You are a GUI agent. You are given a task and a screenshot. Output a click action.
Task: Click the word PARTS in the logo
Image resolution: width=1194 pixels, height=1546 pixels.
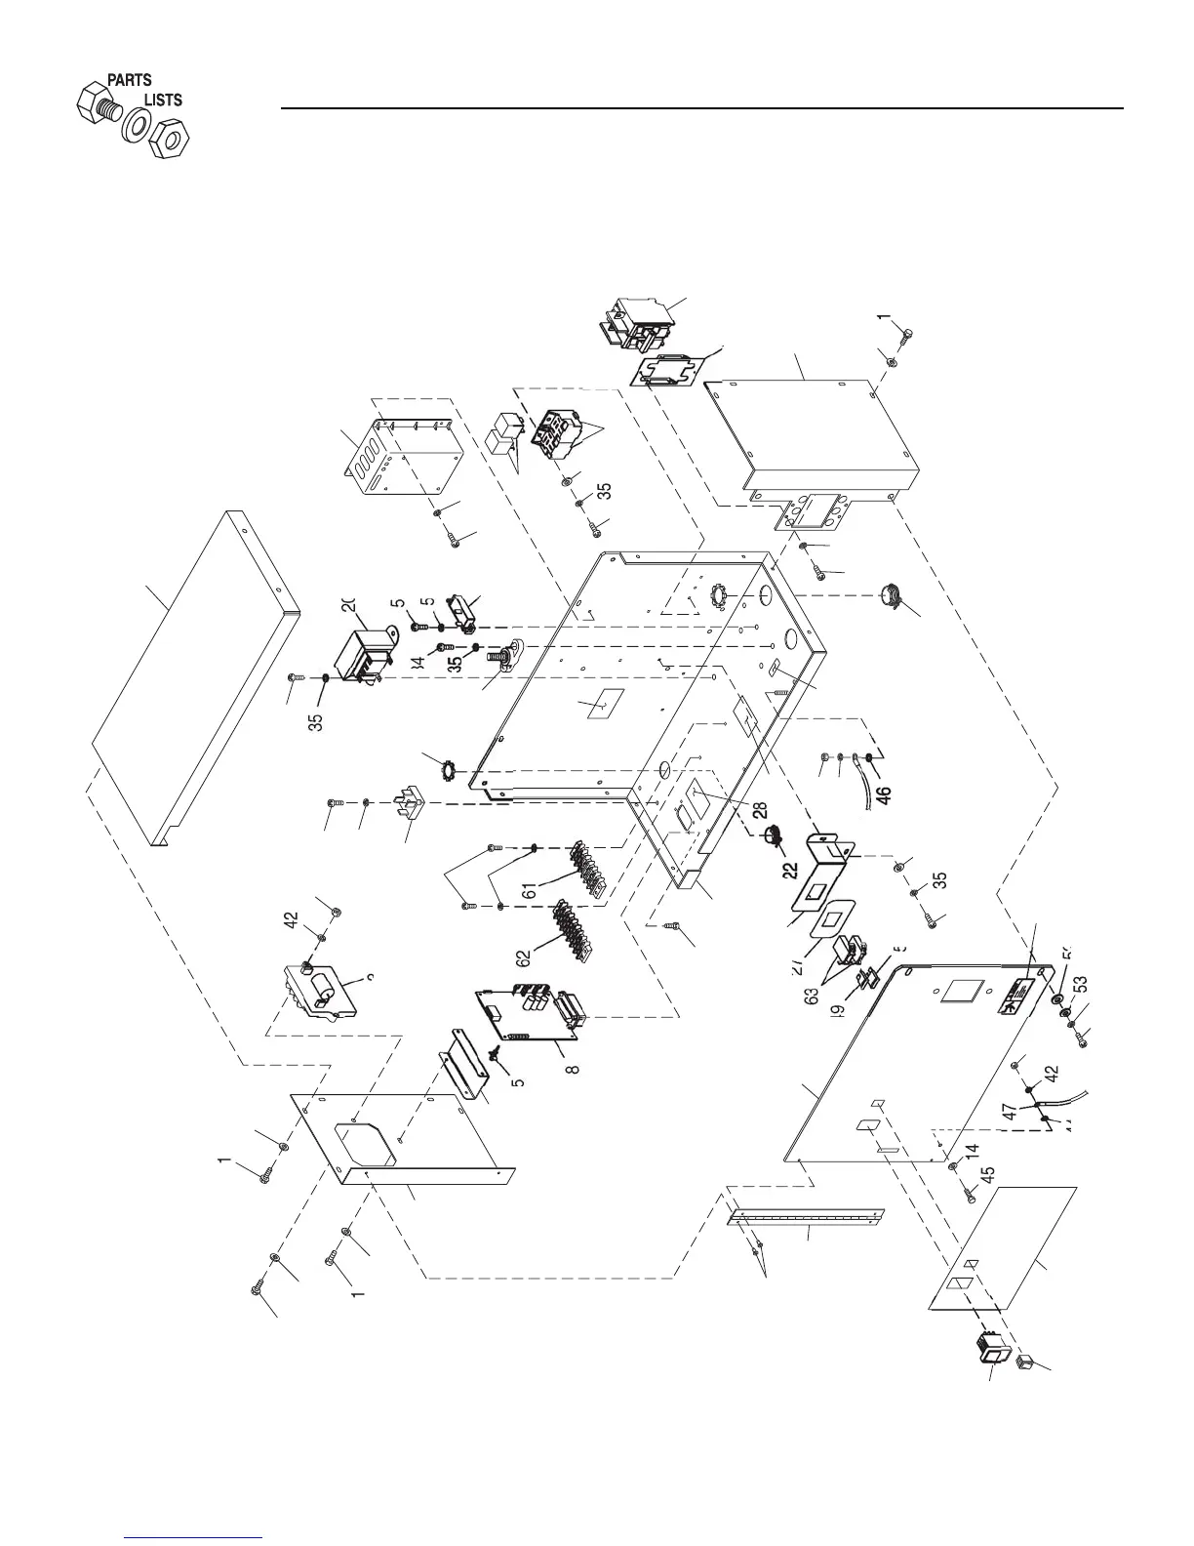click(x=129, y=80)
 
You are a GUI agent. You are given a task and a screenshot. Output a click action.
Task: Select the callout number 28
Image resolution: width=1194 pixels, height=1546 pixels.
click(x=759, y=810)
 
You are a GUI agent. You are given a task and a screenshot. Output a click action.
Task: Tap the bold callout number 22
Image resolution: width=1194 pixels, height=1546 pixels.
click(x=789, y=868)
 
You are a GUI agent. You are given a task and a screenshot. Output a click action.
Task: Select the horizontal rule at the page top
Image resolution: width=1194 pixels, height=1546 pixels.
click(x=702, y=107)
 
